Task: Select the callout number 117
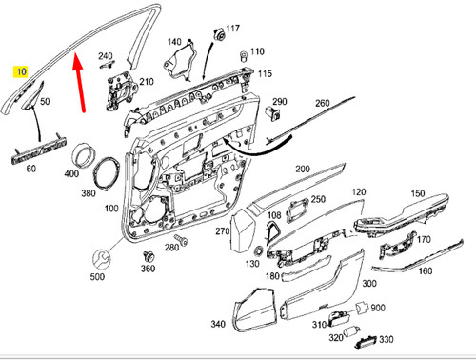coord(232,30)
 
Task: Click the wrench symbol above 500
coord(99,257)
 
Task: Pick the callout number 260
coord(322,103)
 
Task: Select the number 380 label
coord(89,192)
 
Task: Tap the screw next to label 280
coord(178,239)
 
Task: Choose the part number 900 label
coord(377,308)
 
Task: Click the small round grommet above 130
coord(254,250)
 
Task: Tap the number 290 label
coord(279,101)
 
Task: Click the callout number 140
coord(173,42)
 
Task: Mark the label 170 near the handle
coord(425,239)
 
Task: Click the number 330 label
coord(386,340)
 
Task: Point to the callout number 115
coord(265,73)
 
